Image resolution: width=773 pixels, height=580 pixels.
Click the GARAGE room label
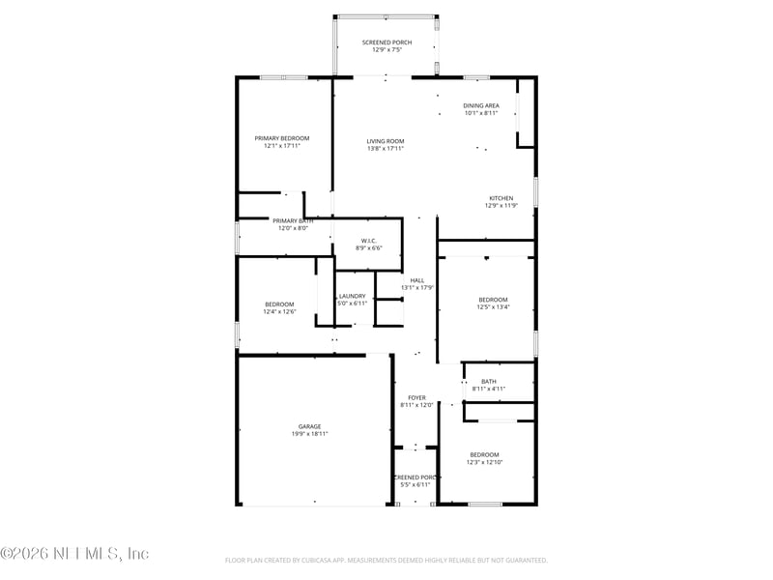pyautogui.click(x=309, y=426)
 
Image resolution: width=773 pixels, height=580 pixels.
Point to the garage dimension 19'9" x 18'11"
pyautogui.click(x=309, y=435)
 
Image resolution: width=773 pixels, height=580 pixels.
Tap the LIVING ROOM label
pyautogui.click(x=385, y=141)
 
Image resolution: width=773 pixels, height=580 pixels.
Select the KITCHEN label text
pyautogui.click(x=501, y=197)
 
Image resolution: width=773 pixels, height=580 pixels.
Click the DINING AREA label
pyautogui.click(x=481, y=105)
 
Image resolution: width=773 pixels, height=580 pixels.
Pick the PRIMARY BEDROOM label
pyautogui.click(x=282, y=138)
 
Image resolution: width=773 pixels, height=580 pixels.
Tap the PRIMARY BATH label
pyautogui.click(x=293, y=220)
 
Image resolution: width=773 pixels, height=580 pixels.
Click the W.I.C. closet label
pyautogui.click(x=369, y=241)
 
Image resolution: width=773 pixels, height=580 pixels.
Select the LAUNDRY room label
pyautogui.click(x=352, y=296)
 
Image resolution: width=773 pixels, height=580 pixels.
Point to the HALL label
pyautogui.click(x=416, y=280)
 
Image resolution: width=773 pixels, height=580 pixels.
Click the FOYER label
pyautogui.click(x=416, y=397)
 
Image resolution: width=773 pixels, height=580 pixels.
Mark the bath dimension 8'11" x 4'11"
pyautogui.click(x=489, y=389)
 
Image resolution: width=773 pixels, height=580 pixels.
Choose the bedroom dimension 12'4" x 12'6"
pyautogui.click(x=279, y=312)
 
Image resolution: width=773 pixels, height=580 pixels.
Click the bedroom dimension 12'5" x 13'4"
pyautogui.click(x=493, y=307)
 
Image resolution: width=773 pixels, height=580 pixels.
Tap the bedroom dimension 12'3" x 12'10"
pyautogui.click(x=485, y=463)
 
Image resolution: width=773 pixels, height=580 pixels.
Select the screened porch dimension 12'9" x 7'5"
pyautogui.click(x=386, y=49)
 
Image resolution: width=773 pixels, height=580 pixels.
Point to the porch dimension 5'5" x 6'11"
pyautogui.click(x=415, y=485)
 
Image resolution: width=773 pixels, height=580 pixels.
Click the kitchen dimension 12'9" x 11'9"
pyautogui.click(x=501, y=206)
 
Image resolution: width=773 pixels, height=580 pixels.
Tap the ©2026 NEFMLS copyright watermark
pyautogui.click(x=74, y=554)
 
